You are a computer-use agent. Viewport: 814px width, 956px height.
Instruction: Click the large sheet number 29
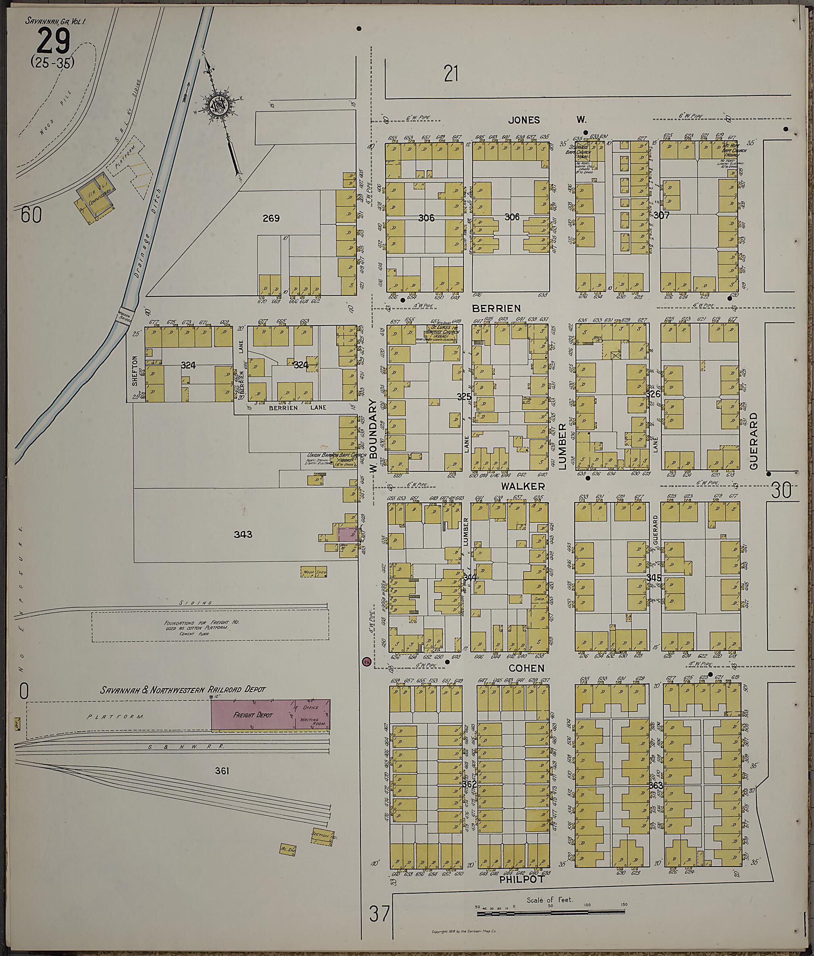[x=53, y=41]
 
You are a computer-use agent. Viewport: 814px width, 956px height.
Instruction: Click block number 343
[x=243, y=534]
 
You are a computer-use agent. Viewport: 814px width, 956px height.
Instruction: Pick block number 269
[x=271, y=218]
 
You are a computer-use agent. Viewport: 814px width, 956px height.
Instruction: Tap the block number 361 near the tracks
[x=222, y=770]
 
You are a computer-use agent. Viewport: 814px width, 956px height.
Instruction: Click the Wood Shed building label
[x=314, y=572]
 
